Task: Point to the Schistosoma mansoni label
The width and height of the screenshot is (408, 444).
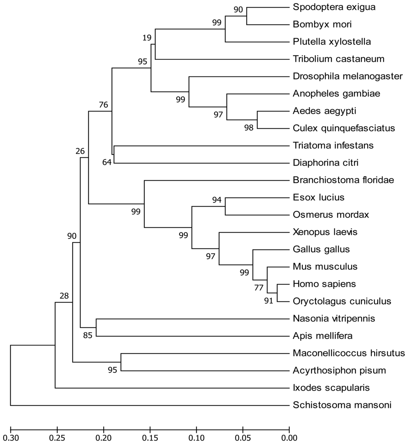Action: click(342, 405)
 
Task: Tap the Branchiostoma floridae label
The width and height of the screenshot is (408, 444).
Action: click(343, 180)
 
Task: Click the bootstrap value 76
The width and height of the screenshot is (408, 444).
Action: click(104, 105)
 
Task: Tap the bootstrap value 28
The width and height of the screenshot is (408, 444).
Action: click(64, 296)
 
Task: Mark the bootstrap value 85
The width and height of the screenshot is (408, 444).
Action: click(88, 335)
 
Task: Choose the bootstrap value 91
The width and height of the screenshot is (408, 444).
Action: click(269, 301)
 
